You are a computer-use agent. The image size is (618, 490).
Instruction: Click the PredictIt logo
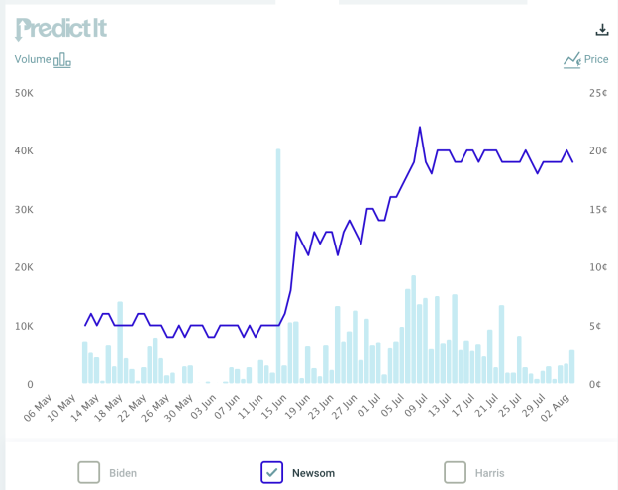[x=60, y=29]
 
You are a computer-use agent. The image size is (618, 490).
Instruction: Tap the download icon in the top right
[x=602, y=30]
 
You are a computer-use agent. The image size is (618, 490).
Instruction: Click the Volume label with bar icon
[x=43, y=60]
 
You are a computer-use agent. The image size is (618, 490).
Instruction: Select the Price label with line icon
[x=585, y=60]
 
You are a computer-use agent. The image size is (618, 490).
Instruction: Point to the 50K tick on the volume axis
[x=24, y=93]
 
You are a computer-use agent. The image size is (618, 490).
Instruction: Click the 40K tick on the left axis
[x=24, y=151]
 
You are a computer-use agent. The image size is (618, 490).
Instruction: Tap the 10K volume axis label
[x=24, y=326]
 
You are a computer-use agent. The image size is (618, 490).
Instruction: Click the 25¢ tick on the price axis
[x=597, y=93]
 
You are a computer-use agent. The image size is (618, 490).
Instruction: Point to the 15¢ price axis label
[x=597, y=210]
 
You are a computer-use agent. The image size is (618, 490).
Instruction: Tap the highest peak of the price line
[x=420, y=128]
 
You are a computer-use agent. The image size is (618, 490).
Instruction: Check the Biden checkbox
[x=89, y=472]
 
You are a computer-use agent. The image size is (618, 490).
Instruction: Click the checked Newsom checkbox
[x=272, y=472]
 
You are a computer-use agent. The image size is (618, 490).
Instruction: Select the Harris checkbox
[x=455, y=472]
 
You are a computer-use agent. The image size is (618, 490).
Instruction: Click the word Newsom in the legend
[x=313, y=473]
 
